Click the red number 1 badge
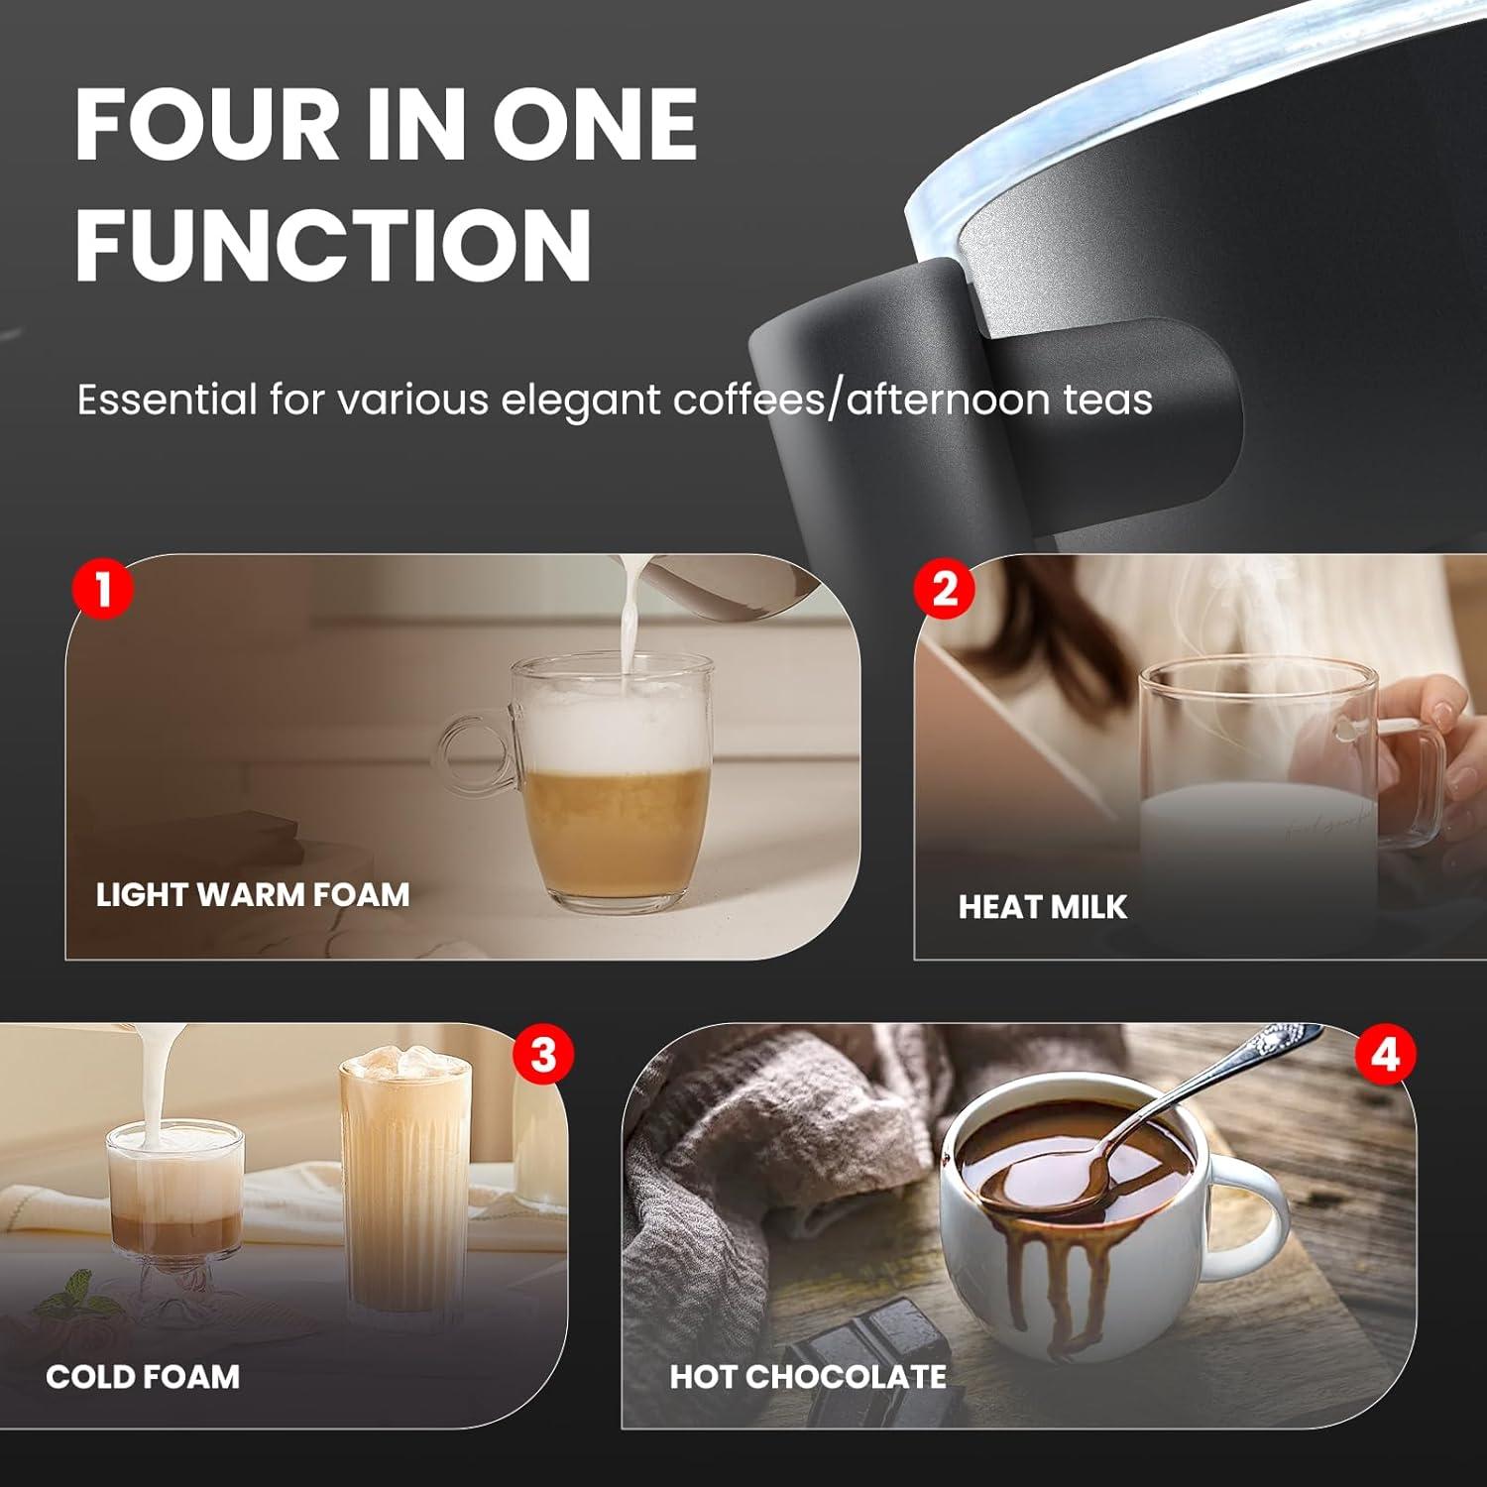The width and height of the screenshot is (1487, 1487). coord(102,588)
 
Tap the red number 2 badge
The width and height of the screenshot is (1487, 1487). coord(945,588)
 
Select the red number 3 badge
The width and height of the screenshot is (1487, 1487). coord(543,1054)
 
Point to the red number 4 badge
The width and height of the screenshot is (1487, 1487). coord(1385,1054)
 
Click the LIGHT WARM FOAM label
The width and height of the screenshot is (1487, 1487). coord(253,894)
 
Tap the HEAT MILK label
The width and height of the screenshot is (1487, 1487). coord(1042,907)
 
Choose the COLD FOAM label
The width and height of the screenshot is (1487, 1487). coord(143,1376)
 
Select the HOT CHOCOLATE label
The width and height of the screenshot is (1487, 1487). coord(808,1376)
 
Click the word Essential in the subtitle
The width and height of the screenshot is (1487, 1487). coord(167,400)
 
